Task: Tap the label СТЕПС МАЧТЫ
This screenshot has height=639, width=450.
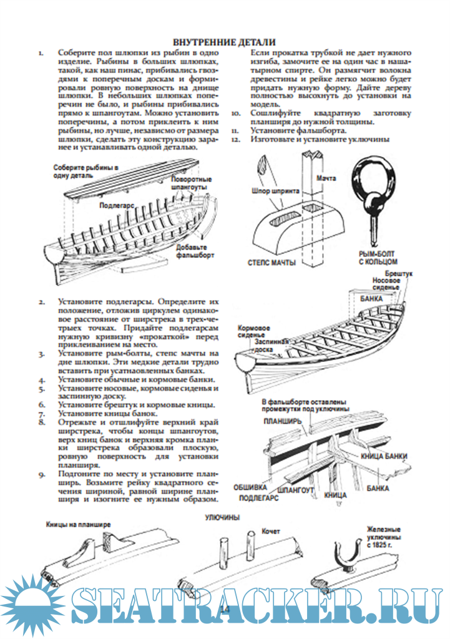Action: (272, 263)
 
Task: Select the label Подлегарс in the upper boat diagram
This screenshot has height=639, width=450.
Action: (117, 204)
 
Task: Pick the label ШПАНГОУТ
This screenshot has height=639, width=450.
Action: (298, 490)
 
